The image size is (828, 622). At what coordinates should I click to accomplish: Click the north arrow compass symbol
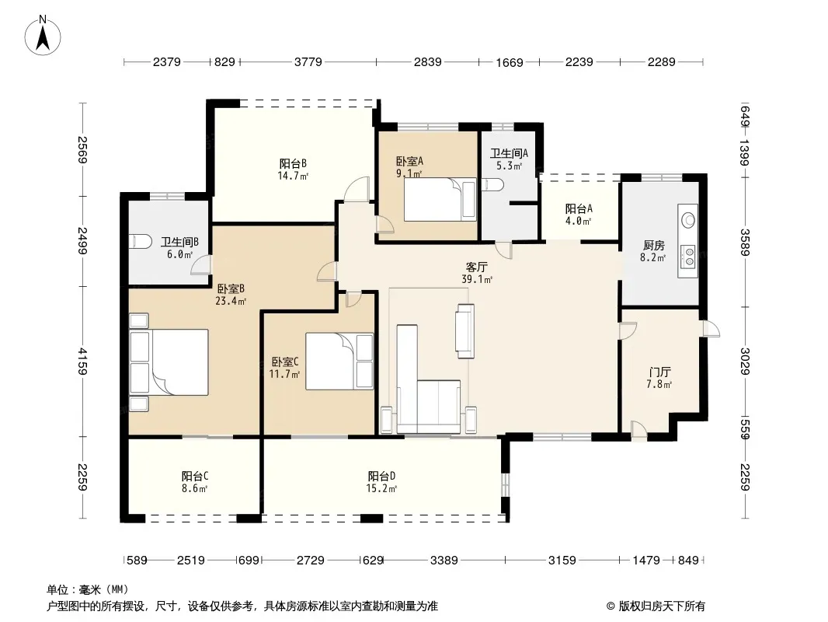point(43,36)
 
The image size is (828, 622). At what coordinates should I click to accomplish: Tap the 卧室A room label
point(410,161)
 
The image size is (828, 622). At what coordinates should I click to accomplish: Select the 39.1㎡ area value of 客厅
point(477,280)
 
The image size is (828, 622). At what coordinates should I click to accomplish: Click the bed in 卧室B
point(169,362)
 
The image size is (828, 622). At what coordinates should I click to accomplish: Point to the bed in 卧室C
point(339,362)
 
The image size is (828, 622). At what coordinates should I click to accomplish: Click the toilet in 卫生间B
point(141,242)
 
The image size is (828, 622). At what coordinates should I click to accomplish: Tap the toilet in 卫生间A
point(492,184)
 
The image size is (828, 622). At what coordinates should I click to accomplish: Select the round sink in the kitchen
point(688,220)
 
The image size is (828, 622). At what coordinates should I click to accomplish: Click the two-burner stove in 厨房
point(688,257)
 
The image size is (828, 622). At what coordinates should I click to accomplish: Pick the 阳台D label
point(382,476)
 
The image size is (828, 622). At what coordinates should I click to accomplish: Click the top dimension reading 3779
point(308,62)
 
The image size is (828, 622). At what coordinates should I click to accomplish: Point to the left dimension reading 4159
point(82,361)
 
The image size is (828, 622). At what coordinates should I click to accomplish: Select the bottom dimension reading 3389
point(444,560)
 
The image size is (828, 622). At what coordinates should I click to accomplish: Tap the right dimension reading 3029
point(745,361)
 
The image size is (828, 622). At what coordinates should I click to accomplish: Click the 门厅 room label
point(659,372)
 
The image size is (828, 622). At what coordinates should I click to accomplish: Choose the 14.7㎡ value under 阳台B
point(293,176)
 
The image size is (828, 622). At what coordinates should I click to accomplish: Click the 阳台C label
point(195,476)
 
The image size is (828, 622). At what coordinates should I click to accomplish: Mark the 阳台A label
point(579,208)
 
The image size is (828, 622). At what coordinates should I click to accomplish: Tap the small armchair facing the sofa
point(465,330)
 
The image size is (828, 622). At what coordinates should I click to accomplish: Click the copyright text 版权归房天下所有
point(662,606)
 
